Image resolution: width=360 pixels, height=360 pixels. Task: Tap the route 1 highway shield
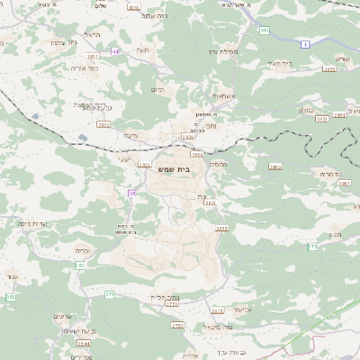tap(305, 43)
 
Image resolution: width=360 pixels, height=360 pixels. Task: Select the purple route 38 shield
tap(132, 193)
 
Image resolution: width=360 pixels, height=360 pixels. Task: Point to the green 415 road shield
tap(264, 31)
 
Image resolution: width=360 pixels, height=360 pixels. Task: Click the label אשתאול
tap(219, 95)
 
